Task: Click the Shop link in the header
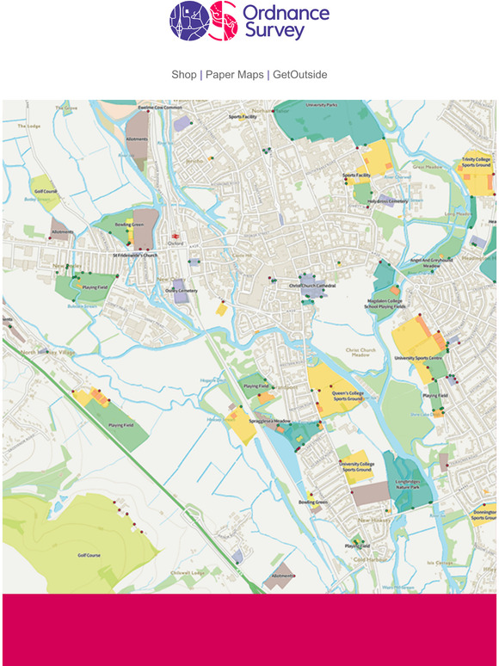[183, 75]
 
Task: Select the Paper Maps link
[234, 75]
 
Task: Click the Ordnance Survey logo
[249, 22]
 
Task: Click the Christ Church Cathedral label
[312, 286]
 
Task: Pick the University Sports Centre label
[418, 357]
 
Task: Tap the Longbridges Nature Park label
[407, 484]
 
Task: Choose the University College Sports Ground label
[356, 466]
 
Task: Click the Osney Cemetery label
[182, 291]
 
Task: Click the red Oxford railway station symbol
[175, 235]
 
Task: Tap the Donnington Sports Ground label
[484, 515]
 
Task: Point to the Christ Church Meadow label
[362, 353]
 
